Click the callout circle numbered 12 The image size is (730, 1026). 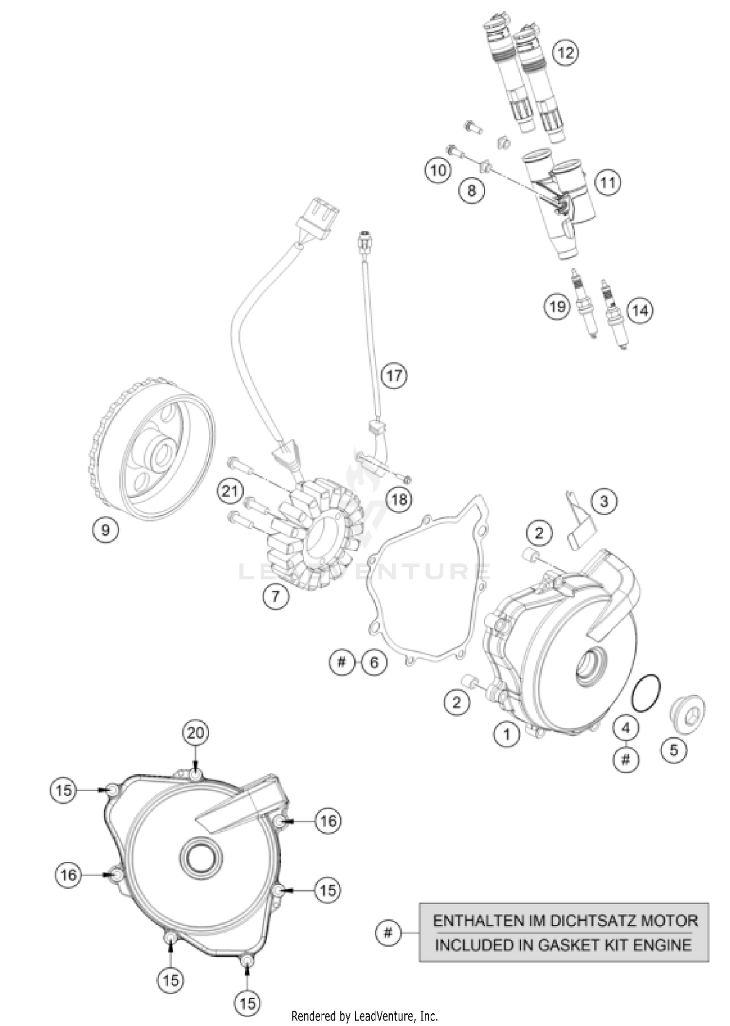[x=566, y=52]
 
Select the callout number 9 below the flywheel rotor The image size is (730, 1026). [x=106, y=529]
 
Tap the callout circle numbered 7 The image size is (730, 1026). [x=276, y=596]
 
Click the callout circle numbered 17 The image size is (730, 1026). [x=394, y=375]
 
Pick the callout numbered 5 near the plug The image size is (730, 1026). [x=674, y=750]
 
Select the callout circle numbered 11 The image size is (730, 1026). [x=608, y=183]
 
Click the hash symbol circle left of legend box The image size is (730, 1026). [x=388, y=933]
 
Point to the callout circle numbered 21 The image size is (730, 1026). [x=230, y=491]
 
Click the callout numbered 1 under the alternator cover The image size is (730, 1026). [x=507, y=734]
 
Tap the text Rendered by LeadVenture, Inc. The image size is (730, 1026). [x=365, y=1016]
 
